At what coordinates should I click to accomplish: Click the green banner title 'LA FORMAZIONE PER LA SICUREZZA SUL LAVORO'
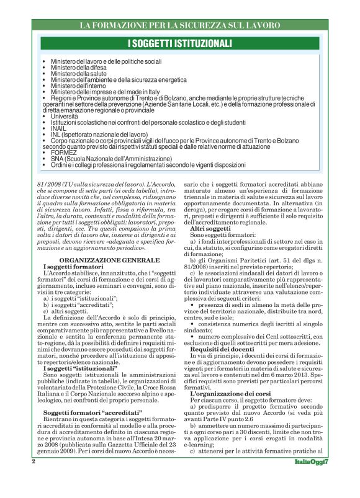click(x=180, y=25)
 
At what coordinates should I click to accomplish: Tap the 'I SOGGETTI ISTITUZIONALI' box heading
click(x=180, y=43)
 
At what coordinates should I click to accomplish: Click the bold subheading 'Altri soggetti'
click(x=210, y=229)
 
